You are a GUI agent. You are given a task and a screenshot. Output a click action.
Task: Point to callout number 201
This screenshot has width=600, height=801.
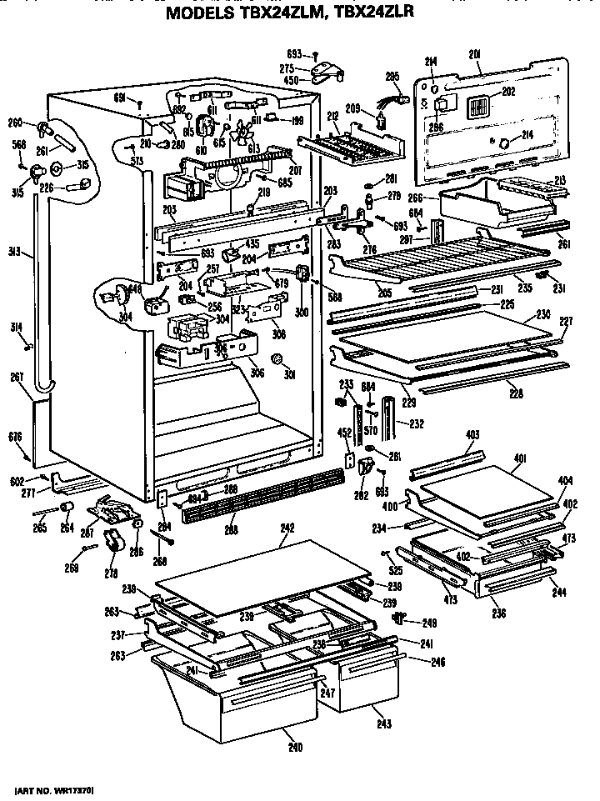point(476,55)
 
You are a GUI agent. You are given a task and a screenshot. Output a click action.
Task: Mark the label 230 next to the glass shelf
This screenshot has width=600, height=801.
point(542,316)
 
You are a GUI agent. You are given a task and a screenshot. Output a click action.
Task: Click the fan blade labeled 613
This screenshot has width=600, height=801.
point(242,134)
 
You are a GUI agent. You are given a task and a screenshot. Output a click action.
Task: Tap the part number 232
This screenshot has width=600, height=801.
point(416,424)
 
